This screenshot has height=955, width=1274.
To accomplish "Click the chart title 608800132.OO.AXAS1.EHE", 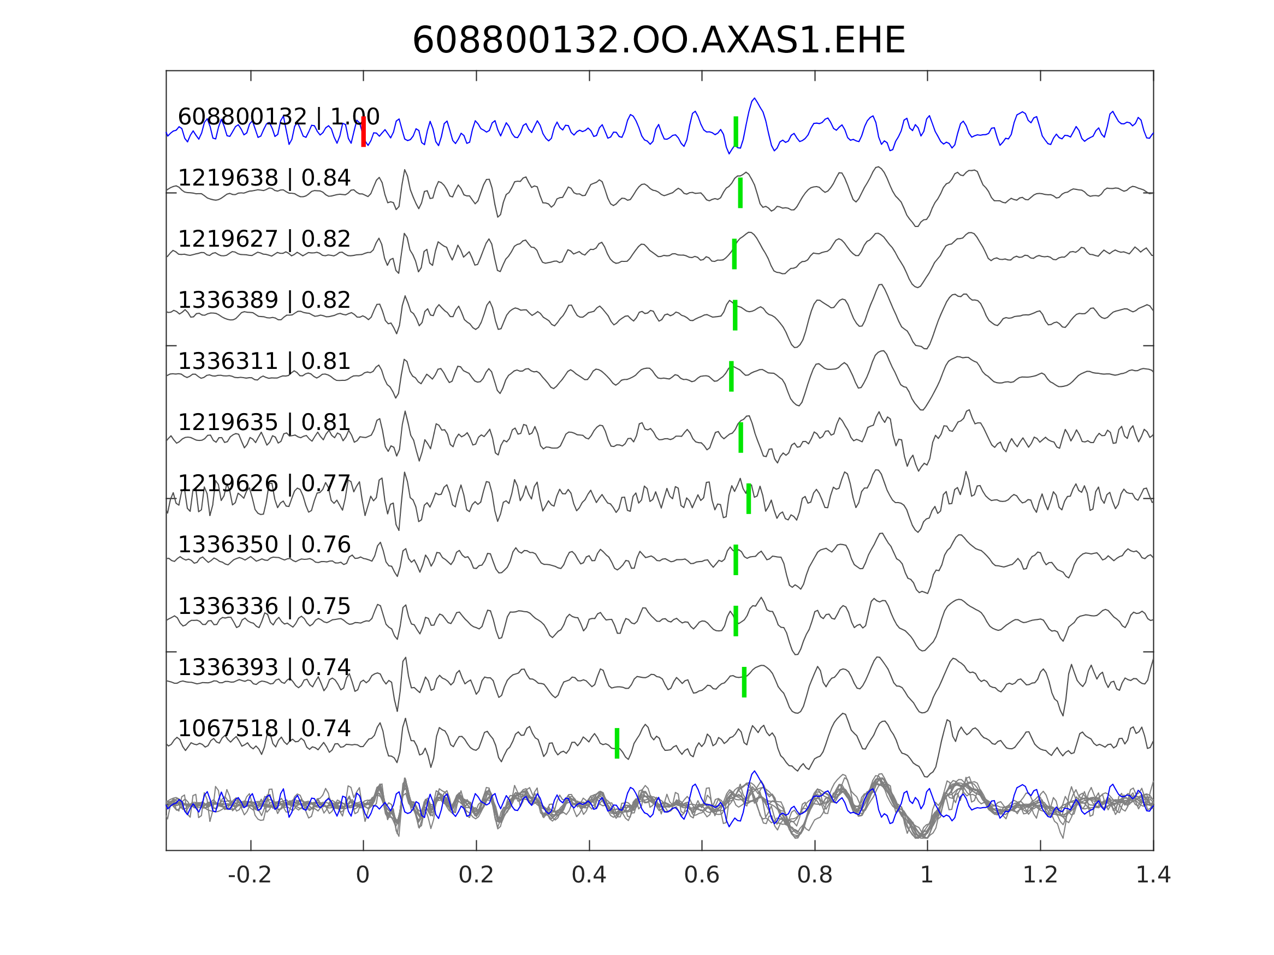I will [x=659, y=41].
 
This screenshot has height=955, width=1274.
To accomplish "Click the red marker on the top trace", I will [x=364, y=132].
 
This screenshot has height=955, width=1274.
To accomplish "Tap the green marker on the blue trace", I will [x=736, y=132].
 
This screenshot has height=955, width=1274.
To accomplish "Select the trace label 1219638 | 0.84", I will [x=264, y=178].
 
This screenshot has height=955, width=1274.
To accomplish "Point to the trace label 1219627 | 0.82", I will [x=264, y=240].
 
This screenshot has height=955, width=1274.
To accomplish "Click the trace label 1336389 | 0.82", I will [x=264, y=301].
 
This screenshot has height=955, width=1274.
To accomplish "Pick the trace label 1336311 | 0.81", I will [x=264, y=361].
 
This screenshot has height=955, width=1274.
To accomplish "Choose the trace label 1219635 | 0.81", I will [x=264, y=422].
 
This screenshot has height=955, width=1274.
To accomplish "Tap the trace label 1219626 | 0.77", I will [x=264, y=484].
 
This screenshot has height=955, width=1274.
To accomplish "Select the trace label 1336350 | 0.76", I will [x=264, y=545].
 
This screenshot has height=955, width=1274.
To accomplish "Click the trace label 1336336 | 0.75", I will [x=264, y=606].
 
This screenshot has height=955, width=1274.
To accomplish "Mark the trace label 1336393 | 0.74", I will [x=264, y=667].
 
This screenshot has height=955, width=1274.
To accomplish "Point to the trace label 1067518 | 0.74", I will [x=264, y=728].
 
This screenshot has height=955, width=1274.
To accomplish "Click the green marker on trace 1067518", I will [x=617, y=743].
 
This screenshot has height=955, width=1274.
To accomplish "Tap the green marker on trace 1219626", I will [x=749, y=499].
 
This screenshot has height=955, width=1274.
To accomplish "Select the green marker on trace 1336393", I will [x=744, y=682].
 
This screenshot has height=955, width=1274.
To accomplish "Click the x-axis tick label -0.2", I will [x=250, y=875].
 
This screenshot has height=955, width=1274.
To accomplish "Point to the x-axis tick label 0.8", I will [x=814, y=875].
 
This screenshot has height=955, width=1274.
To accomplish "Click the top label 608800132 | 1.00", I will [x=278, y=117].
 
